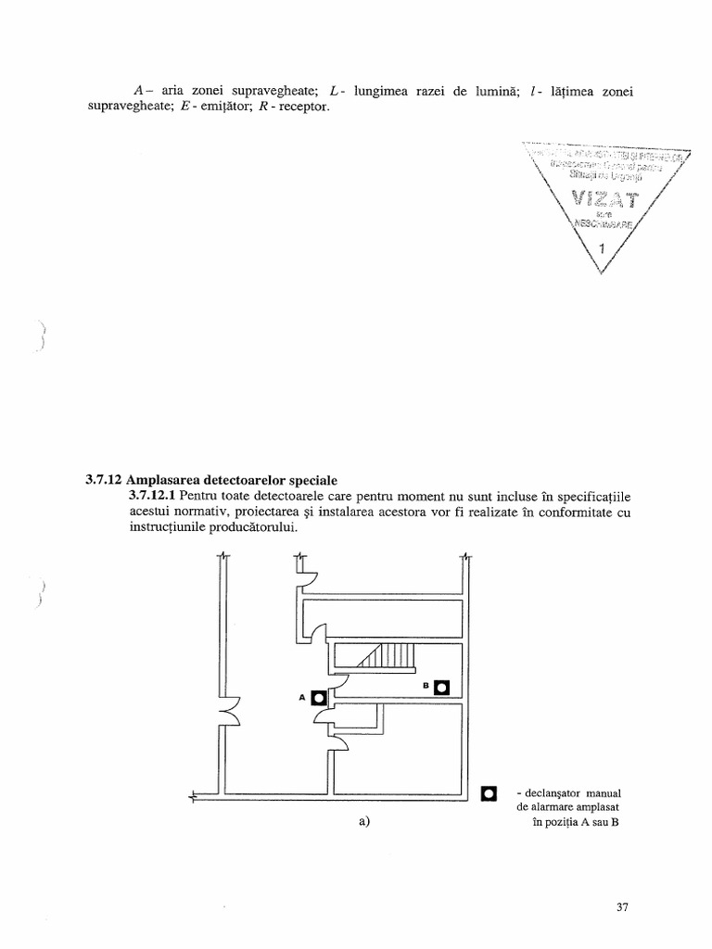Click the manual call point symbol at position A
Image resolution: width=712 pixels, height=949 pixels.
click(x=319, y=697)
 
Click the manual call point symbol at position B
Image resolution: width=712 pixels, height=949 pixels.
click(x=442, y=687)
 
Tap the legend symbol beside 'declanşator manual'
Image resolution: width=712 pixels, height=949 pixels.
click(x=489, y=793)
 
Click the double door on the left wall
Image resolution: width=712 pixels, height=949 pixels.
click(x=226, y=714)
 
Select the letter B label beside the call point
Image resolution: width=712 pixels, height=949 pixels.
click(x=426, y=686)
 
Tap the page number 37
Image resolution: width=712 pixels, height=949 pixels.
click(x=622, y=907)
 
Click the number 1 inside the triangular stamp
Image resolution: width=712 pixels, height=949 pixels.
click(x=603, y=248)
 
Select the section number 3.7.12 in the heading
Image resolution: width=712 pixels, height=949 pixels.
click(x=98, y=480)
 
